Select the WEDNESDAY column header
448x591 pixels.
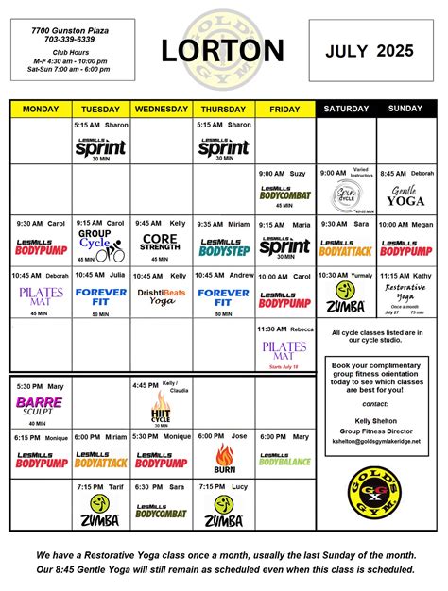pos(161,110)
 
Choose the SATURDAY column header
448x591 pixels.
pos(346,110)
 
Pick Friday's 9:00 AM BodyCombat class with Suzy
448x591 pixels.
pos(284,193)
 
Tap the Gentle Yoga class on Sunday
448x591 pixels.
pos(406,195)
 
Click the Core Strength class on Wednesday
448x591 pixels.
pos(161,245)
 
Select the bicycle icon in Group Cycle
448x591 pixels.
pos(114,254)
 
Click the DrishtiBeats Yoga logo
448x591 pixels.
pos(161,295)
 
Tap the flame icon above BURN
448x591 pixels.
pos(224,453)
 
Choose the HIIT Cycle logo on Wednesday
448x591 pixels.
pos(161,411)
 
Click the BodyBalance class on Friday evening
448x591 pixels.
pos(284,460)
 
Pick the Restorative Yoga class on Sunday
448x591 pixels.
pos(406,295)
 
